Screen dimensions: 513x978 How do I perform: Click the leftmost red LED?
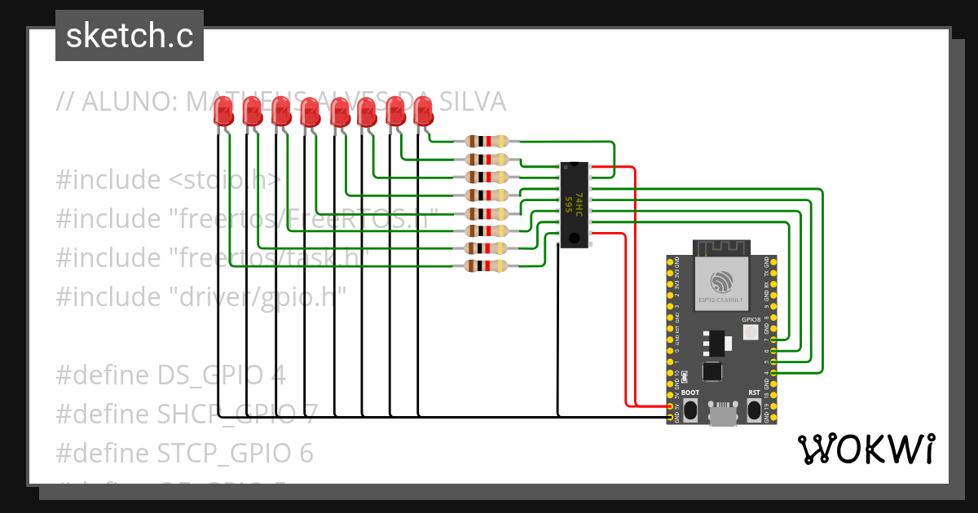(222, 112)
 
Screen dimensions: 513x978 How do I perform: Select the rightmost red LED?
(423, 111)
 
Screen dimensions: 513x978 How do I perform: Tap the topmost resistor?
(487, 141)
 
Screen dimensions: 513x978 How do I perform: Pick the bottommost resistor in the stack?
(487, 266)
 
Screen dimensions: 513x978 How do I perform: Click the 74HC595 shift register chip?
(574, 203)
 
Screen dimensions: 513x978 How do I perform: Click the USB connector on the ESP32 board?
(721, 414)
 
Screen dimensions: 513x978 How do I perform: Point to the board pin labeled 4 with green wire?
(773, 374)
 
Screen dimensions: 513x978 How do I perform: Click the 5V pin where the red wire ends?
(671, 406)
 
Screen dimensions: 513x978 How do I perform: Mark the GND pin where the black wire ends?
(671, 417)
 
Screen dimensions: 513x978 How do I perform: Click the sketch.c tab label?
(130, 36)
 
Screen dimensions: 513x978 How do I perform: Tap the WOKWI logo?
(866, 449)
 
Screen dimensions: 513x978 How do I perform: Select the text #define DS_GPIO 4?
(171, 375)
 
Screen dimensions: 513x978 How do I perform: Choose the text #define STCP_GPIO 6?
(184, 452)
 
